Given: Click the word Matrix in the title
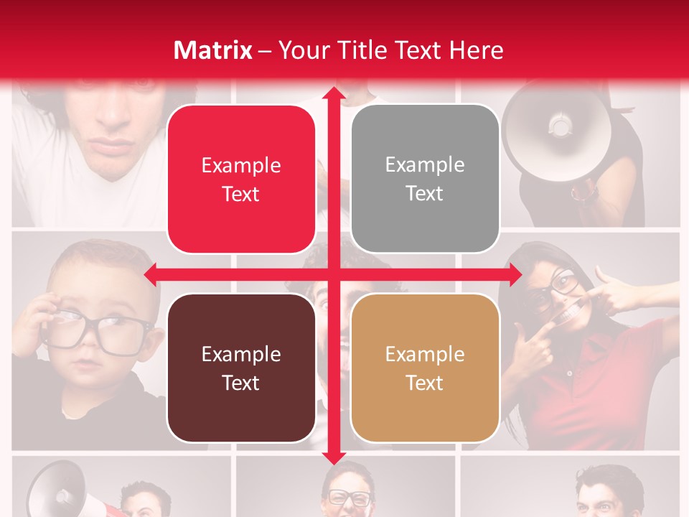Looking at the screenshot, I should point(212,50).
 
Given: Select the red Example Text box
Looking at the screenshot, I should point(241,180).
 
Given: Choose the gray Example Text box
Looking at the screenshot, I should point(425,179).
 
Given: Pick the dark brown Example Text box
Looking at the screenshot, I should point(241,368).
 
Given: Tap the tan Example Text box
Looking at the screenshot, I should point(425,368).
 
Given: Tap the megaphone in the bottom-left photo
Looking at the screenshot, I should point(57,492).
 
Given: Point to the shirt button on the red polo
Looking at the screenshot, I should point(569,374).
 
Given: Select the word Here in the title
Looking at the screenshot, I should point(477,50).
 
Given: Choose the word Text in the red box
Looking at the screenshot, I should point(241,195).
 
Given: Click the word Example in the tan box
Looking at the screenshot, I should point(425,354).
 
